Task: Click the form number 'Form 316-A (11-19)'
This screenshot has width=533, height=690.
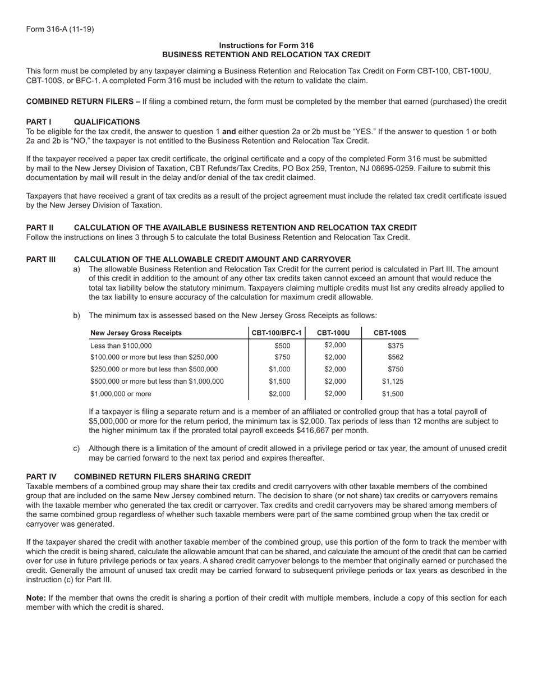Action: [60, 29]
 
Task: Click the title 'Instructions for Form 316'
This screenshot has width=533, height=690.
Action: [266, 45]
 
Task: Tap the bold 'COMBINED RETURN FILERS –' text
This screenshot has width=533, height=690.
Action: [83, 102]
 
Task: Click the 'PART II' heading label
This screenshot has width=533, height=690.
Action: [40, 228]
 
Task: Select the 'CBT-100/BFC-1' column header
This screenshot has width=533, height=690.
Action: [277, 333]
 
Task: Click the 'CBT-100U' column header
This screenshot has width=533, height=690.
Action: [333, 333]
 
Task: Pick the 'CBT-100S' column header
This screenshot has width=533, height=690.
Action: [390, 333]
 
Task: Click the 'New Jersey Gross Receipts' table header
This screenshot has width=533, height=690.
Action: [136, 333]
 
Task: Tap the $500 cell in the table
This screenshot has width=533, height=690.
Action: [282, 346]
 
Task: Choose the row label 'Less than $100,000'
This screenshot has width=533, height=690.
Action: [121, 346]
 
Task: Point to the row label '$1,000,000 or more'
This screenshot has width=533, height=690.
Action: [121, 394]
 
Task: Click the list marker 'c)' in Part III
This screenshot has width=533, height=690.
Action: [76, 448]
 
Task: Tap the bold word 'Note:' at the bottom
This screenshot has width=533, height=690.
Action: [36, 598]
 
